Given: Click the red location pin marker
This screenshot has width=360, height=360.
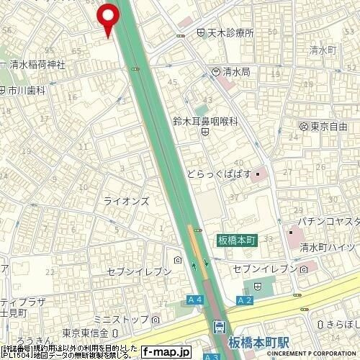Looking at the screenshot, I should (x=108, y=17).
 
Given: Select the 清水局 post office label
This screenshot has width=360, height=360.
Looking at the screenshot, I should (x=236, y=72).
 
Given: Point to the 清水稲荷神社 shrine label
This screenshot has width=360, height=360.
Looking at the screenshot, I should (x=37, y=64).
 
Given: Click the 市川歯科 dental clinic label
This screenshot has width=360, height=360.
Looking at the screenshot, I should (x=27, y=91).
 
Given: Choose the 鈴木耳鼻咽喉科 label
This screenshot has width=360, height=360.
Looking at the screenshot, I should (x=204, y=122).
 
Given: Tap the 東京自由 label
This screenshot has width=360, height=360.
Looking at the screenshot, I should (x=333, y=126).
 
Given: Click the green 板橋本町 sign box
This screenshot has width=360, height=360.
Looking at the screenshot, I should (x=235, y=240).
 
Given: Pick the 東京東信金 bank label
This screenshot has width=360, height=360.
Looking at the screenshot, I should (x=84, y=333).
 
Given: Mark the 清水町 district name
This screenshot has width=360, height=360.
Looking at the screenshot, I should (x=323, y=50).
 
